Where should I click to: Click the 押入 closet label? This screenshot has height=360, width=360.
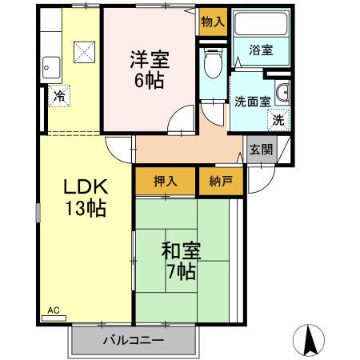[x=166, y=182]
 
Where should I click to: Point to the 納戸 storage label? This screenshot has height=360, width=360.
[x=220, y=182]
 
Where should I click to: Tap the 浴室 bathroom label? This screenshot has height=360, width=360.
[x=261, y=50]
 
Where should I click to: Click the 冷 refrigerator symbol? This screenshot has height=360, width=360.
[x=59, y=96]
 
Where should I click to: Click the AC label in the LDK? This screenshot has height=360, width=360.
[x=54, y=309]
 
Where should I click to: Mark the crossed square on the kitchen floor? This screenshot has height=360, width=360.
[x=85, y=52]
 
